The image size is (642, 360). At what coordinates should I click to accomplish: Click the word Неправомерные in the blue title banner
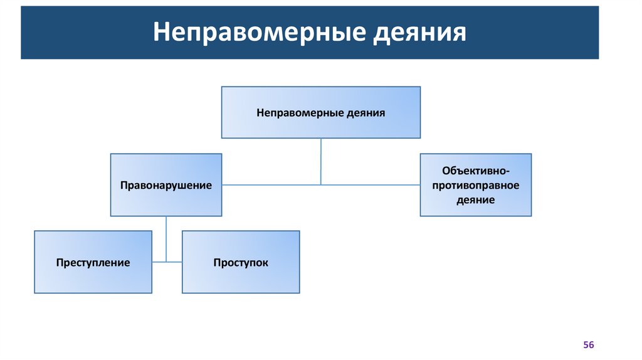[258, 32]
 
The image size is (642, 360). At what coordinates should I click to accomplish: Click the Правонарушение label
[166, 186]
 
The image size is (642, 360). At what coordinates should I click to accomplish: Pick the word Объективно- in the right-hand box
[475, 171]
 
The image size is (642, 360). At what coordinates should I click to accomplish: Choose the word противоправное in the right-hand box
[475, 186]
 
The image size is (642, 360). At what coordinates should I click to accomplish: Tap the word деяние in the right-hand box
[475, 200]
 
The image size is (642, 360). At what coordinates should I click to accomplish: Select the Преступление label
[93, 263]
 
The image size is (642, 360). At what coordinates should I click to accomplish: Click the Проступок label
[240, 263]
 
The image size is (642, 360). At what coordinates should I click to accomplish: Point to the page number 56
[588, 346]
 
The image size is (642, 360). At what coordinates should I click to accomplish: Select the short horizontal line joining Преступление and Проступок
[167, 262]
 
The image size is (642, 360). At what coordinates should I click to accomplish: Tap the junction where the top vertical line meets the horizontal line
[321, 185]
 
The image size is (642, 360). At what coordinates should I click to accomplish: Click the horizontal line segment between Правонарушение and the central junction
[270, 185]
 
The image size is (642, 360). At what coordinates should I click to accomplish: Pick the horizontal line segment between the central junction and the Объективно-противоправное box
[370, 185]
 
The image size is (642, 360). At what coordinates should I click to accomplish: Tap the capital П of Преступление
[59, 263]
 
